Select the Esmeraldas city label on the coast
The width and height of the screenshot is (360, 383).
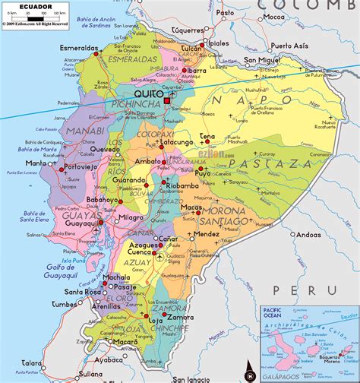pyautogui.click(x=78, y=47)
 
